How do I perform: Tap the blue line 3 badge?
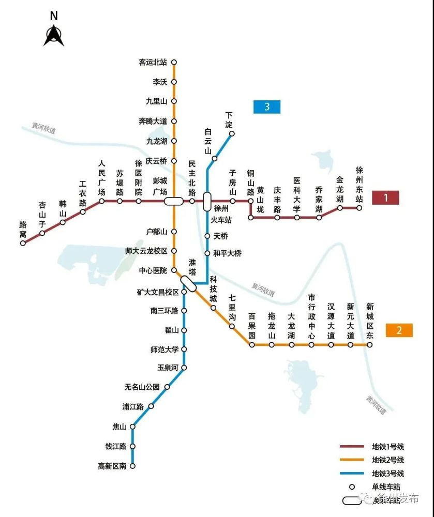267,107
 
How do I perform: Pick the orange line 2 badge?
399,330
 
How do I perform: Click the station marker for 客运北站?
174,62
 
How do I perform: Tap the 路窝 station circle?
23,243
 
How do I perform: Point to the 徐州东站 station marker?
359,208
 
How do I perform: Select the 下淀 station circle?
232,134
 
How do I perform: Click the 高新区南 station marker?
132,466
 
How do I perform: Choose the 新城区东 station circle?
369,344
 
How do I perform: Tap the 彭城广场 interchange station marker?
173,201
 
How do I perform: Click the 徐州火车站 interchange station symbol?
207,200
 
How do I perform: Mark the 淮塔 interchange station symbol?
188,284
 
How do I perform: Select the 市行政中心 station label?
311,316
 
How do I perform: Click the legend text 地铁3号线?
387,474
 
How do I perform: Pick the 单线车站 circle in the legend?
352,486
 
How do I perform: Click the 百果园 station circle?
252,344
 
